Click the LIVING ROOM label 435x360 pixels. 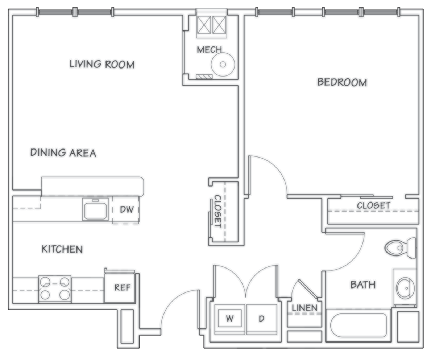(x=102, y=65)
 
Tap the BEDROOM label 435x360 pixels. (x=342, y=82)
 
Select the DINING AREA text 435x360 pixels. (x=63, y=153)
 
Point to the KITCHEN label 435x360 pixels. (x=62, y=249)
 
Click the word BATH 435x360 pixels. (x=362, y=285)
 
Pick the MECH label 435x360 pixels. (x=209, y=50)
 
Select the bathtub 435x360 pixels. (x=359, y=325)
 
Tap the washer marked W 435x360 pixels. (x=229, y=319)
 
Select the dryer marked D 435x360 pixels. (x=261, y=319)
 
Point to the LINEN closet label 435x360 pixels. (x=304, y=308)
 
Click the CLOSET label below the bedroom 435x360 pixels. (x=373, y=205)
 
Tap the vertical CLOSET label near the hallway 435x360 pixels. (x=217, y=211)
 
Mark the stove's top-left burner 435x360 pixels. (x=45, y=281)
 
